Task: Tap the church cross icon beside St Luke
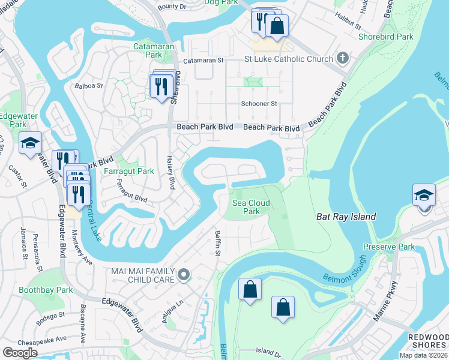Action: [x=343, y=58]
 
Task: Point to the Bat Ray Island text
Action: [x=346, y=217]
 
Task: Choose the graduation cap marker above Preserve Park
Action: [x=424, y=196]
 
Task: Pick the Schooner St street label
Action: [x=259, y=103]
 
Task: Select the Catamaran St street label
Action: [x=203, y=61]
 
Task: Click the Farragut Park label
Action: [x=129, y=171]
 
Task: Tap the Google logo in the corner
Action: [x=20, y=353]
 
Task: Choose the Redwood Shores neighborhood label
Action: [x=428, y=341]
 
